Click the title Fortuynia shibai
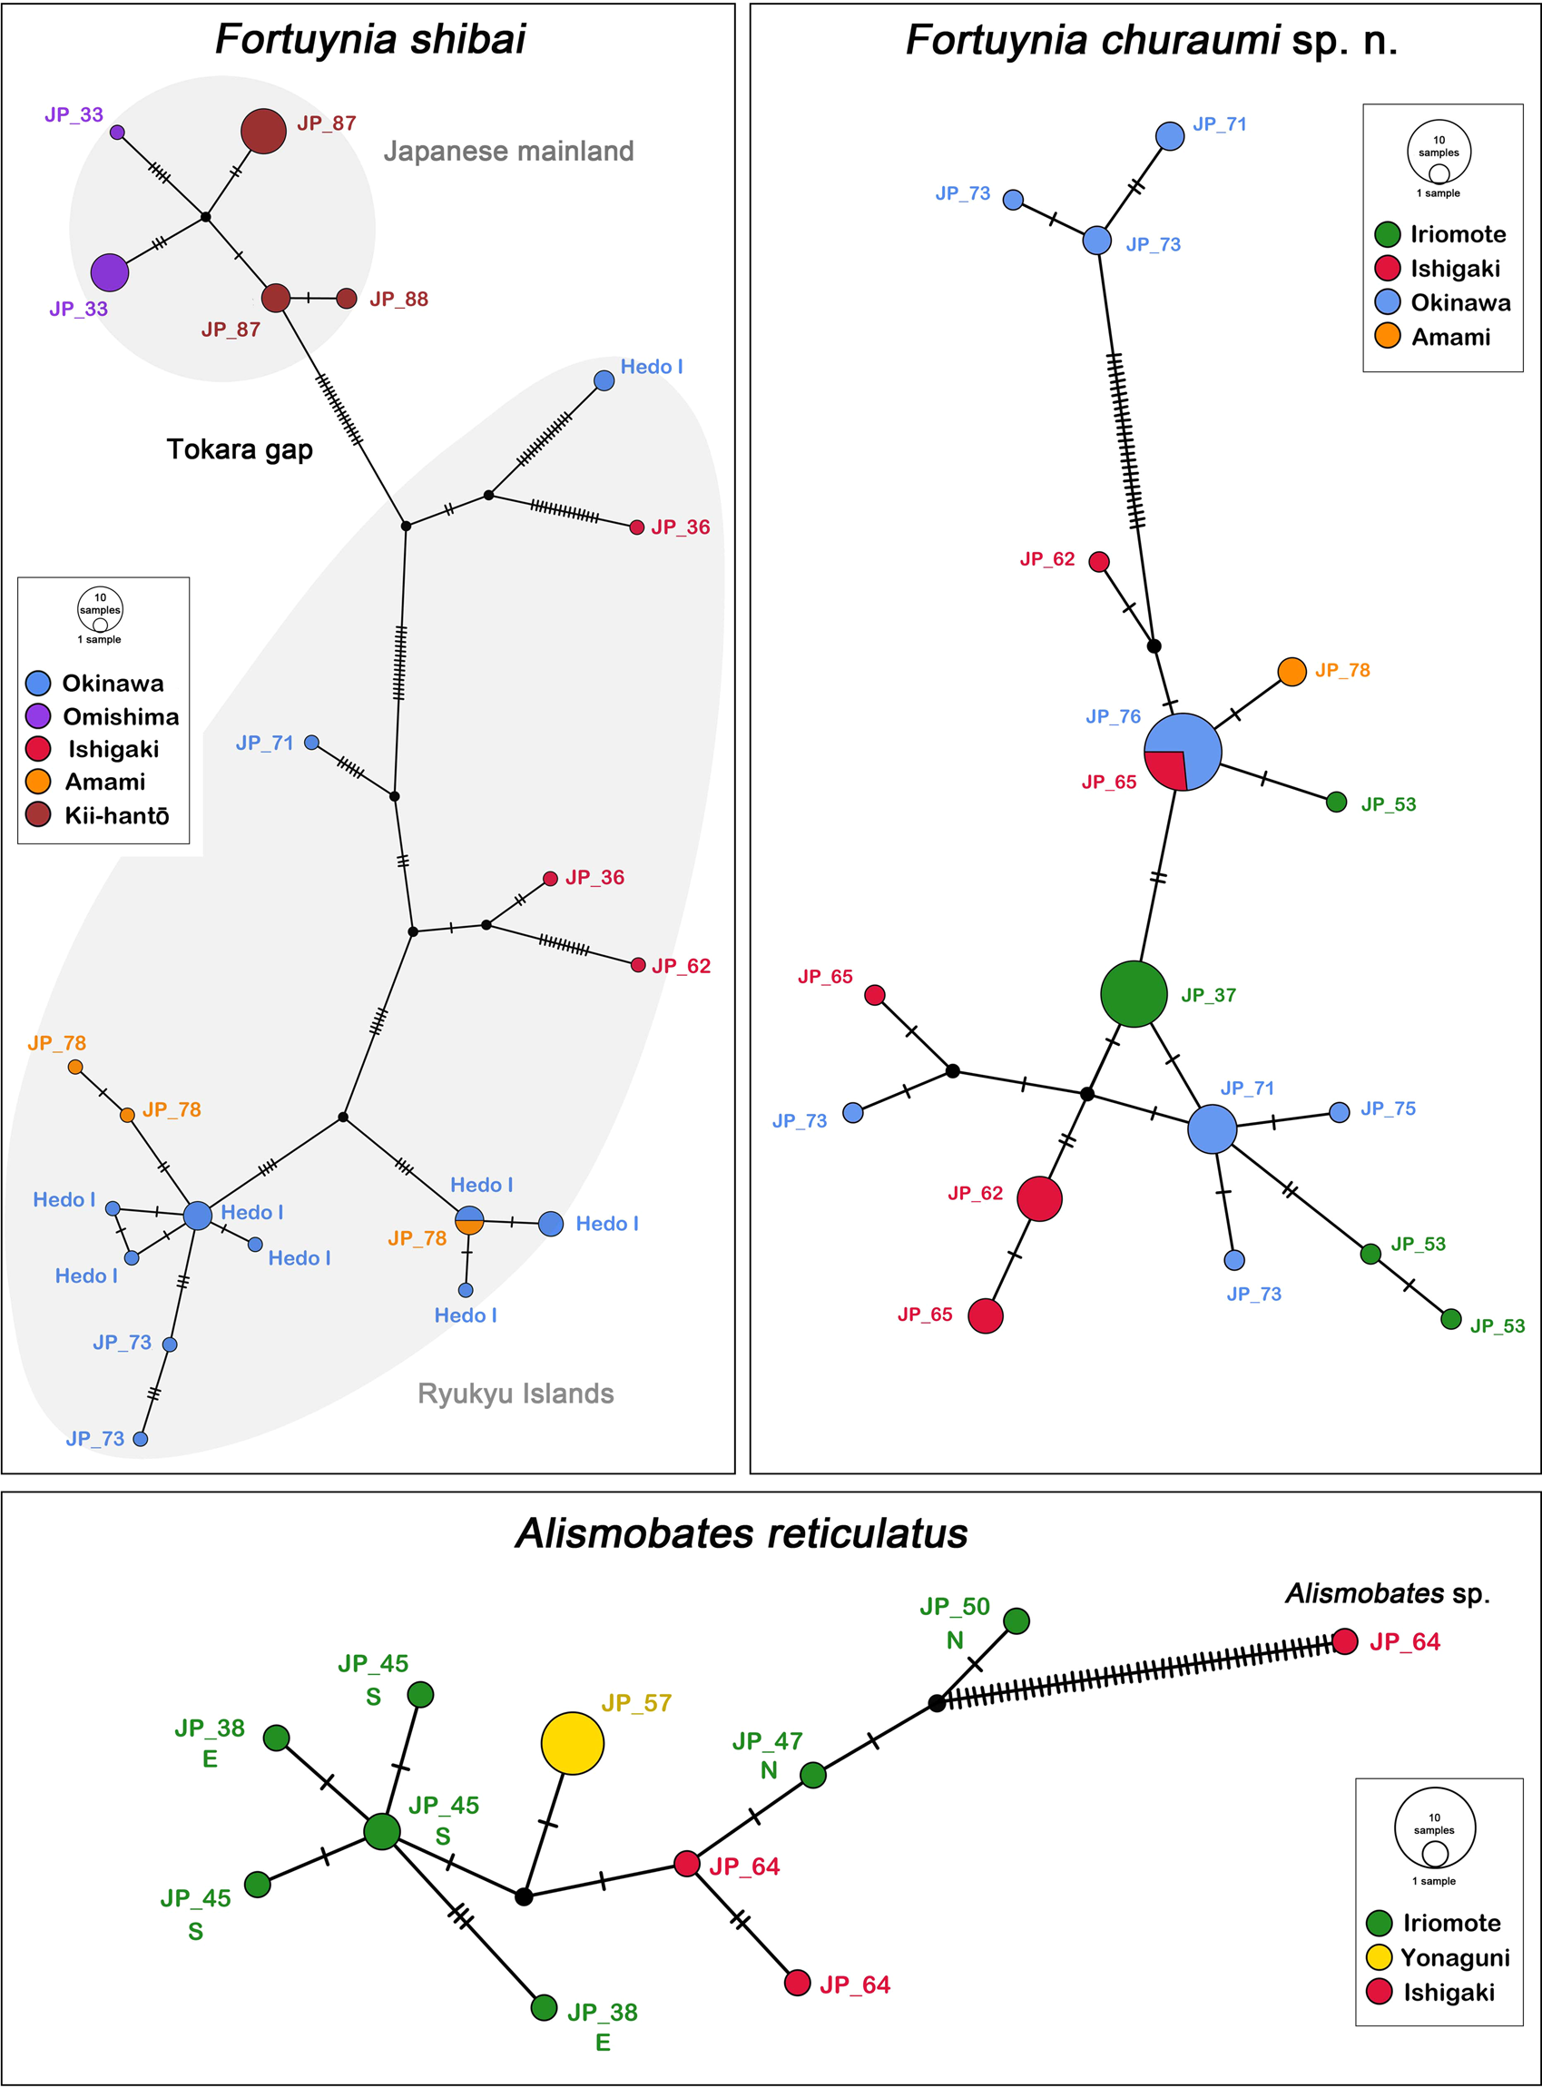[x=370, y=39]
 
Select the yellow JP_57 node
[x=572, y=1743]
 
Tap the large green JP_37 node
[x=1134, y=994]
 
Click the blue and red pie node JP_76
[x=1183, y=753]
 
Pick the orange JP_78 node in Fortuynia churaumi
[x=1291, y=671]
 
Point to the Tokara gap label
[x=240, y=450]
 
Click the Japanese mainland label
[x=509, y=152]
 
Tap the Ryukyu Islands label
[x=516, y=1394]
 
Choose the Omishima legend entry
[x=103, y=717]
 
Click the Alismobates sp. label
[x=1387, y=1593]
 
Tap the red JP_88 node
[x=347, y=299]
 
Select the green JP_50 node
[x=1017, y=1621]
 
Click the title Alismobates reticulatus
[x=742, y=1533]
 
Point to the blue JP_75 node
[x=1339, y=1112]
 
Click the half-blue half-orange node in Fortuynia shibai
[x=468, y=1220]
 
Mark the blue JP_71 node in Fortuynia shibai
[x=312, y=743]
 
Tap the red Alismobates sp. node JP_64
[x=1344, y=1642]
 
